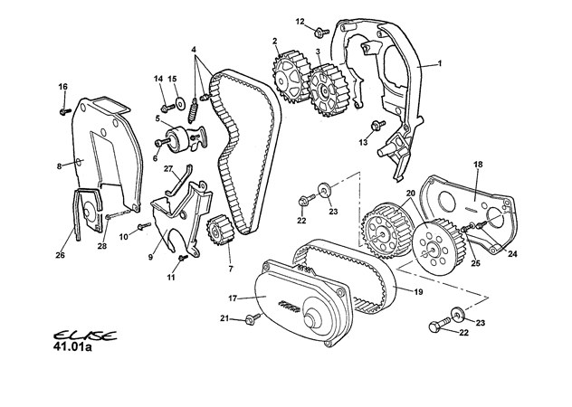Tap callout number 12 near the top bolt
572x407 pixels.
(300, 21)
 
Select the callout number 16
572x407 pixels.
(63, 87)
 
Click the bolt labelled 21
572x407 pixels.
(252, 318)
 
